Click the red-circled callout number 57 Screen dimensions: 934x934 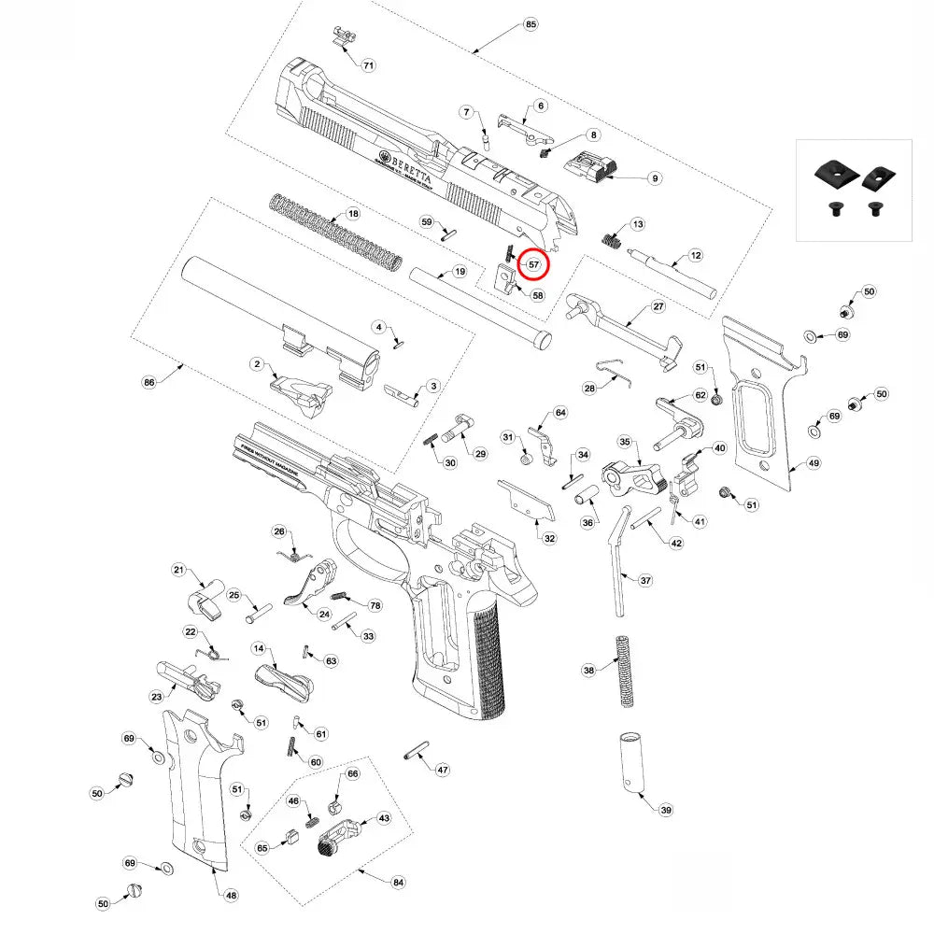pyautogui.click(x=534, y=264)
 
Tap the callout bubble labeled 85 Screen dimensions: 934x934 pyautogui.click(x=531, y=23)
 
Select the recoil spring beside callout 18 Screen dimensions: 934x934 pyautogui.click(x=337, y=230)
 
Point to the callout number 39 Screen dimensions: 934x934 pyautogui.click(x=665, y=810)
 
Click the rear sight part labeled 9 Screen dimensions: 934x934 pyautogui.click(x=592, y=169)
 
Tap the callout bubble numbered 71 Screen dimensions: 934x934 pyautogui.click(x=368, y=65)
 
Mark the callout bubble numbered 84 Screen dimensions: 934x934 pyautogui.click(x=399, y=882)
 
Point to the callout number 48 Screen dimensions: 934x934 pyautogui.click(x=231, y=895)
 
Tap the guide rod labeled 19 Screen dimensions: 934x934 pyautogui.click(x=478, y=304)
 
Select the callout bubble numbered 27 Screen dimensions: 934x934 pyautogui.click(x=658, y=307)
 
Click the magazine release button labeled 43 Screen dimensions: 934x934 pyautogui.click(x=338, y=838)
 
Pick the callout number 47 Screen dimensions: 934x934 pyautogui.click(x=442, y=770)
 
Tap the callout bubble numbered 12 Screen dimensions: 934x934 pyautogui.click(x=695, y=255)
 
